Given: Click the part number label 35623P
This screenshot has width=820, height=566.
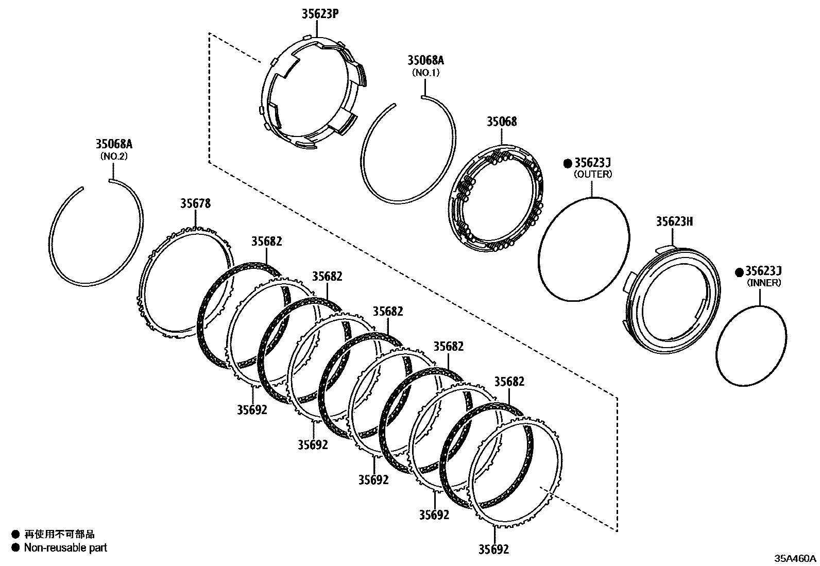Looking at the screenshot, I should click(x=320, y=14).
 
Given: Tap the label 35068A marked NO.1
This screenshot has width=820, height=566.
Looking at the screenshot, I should click(x=425, y=60).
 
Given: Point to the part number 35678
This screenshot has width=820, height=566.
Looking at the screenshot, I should click(x=195, y=203).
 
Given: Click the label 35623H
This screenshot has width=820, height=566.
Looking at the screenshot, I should click(x=674, y=221).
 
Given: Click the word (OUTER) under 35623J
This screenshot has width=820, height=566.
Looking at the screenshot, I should click(x=593, y=175).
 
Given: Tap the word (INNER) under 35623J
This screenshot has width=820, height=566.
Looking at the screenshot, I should click(x=764, y=283).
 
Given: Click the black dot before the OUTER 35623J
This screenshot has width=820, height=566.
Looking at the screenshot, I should click(x=568, y=163).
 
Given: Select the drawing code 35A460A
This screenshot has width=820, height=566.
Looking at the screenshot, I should click(x=796, y=558).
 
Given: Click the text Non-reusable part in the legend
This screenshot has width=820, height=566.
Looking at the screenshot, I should click(x=65, y=548).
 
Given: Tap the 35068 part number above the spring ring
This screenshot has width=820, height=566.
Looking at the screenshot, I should click(x=502, y=122).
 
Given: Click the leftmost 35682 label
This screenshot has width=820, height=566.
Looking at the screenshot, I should click(x=267, y=242).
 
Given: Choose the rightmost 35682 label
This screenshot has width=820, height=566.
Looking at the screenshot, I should click(x=509, y=382).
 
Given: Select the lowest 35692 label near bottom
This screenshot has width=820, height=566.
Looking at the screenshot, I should click(x=493, y=550).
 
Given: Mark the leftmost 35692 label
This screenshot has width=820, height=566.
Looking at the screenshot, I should click(x=252, y=410).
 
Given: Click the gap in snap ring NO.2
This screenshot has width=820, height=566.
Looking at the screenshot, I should click(x=96, y=184).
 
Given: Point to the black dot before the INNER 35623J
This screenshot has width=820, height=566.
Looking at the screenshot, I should click(x=739, y=271).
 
